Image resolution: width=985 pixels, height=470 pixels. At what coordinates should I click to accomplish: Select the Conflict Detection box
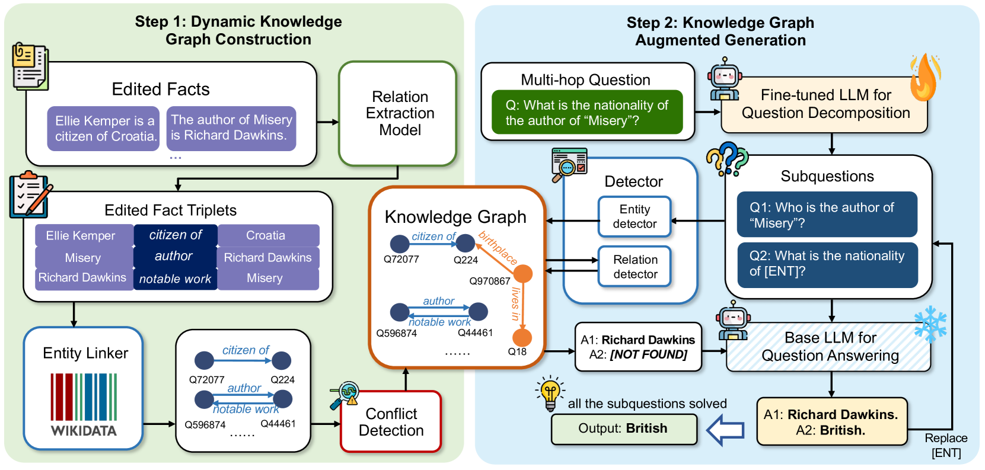coord(391,421)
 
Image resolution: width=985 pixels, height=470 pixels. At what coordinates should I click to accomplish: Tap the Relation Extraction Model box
coord(399,113)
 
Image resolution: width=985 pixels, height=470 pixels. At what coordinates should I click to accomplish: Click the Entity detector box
coord(635,216)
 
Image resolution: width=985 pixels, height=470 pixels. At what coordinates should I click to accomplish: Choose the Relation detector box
coord(635,267)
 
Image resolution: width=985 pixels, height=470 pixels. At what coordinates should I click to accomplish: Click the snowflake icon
coord(929,324)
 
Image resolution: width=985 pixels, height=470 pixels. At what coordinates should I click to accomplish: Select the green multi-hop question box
coord(586,113)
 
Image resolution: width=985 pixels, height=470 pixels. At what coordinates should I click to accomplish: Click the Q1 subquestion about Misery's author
coord(827,215)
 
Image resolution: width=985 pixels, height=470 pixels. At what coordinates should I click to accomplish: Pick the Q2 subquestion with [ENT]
coord(827,264)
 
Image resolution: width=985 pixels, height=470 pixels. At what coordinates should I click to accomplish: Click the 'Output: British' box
coord(623,429)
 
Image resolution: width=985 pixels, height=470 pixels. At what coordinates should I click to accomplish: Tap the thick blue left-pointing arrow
coord(726,429)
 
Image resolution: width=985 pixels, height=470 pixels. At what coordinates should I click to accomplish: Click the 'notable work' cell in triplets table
coord(175,279)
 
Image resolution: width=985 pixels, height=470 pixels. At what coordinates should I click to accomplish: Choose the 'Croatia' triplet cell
coord(268,235)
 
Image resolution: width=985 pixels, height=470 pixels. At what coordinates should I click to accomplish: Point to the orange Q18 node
coord(522,337)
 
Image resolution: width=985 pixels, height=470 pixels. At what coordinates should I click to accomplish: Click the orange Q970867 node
coord(522,273)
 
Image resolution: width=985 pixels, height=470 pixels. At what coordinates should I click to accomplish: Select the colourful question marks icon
coord(726,158)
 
